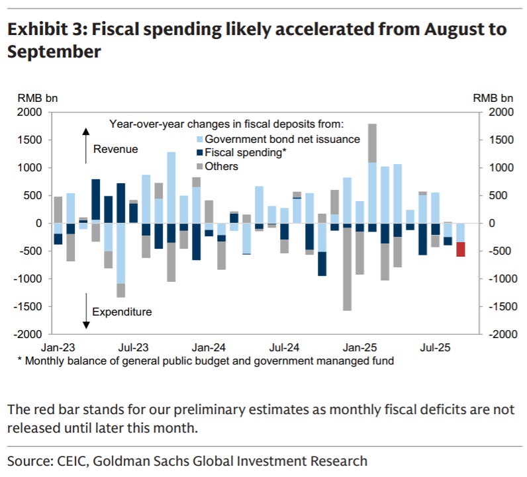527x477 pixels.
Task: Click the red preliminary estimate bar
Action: [x=460, y=249]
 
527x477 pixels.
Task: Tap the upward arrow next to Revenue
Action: [x=85, y=146]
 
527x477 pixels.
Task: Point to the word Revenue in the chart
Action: [x=115, y=149]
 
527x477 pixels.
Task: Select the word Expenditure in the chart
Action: [x=122, y=312]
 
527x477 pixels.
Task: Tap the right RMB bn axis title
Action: [x=493, y=98]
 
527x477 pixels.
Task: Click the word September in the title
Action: [x=54, y=52]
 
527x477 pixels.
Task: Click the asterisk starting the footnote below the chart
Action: [x=20, y=361]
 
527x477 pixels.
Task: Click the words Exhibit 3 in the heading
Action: [x=44, y=30]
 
